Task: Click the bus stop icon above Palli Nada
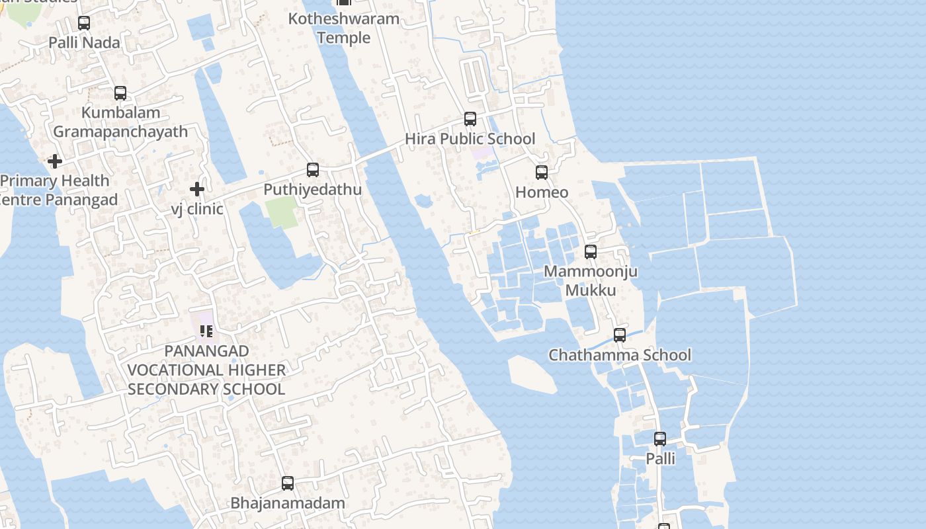click(84, 23)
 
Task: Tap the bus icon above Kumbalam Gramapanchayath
click(120, 93)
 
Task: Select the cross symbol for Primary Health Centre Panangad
click(55, 161)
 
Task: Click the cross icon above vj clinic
click(196, 190)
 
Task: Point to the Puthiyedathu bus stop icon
click(313, 170)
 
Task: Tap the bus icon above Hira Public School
click(470, 119)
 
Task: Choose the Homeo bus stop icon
click(542, 173)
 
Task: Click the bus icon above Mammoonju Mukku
click(591, 252)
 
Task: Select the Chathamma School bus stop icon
click(620, 335)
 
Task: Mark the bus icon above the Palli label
click(660, 439)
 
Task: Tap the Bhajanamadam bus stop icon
click(288, 483)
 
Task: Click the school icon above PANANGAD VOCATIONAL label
click(206, 331)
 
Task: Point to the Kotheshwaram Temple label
click(343, 28)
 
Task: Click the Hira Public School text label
click(470, 139)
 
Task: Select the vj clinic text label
click(197, 209)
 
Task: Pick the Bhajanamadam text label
click(288, 503)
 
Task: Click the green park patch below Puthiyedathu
click(282, 212)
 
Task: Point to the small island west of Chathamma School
click(532, 374)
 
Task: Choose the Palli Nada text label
click(85, 43)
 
